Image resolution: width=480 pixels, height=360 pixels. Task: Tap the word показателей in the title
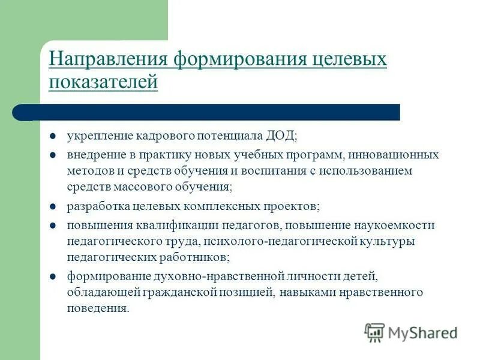(103, 82)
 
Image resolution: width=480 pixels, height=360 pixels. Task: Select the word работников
(196, 257)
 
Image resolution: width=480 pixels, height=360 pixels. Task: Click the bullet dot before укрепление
(53, 136)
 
